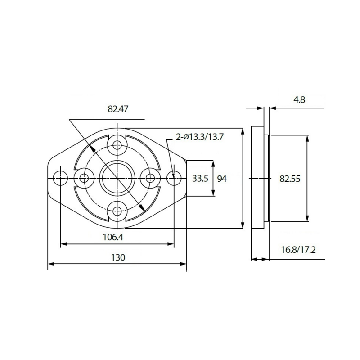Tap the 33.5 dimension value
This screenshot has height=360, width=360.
coord(200,179)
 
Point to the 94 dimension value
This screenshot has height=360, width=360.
coord(222,179)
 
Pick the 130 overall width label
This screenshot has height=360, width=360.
coord(117,257)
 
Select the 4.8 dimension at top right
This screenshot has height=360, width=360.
coord(299,100)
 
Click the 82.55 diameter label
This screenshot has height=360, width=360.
coord(290,179)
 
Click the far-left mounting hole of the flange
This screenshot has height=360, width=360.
coord(59,178)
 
